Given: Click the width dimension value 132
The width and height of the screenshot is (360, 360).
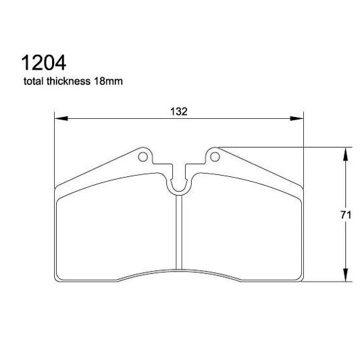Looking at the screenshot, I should (179, 111).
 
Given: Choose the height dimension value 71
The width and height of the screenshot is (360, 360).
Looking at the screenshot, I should (345, 215).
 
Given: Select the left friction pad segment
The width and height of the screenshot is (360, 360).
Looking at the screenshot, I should (115, 230).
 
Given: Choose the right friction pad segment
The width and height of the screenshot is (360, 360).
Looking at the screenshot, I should (243, 230).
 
